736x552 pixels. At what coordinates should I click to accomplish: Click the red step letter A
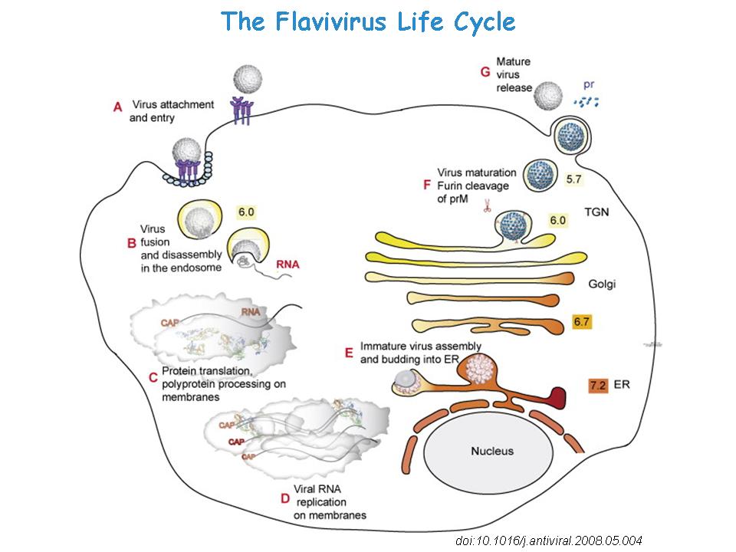[118, 108]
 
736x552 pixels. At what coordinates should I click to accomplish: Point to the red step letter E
[349, 352]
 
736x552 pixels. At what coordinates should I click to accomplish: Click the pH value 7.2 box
[598, 386]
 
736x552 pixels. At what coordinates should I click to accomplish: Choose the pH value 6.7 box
[583, 322]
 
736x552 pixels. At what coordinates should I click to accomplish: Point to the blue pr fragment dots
[586, 100]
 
